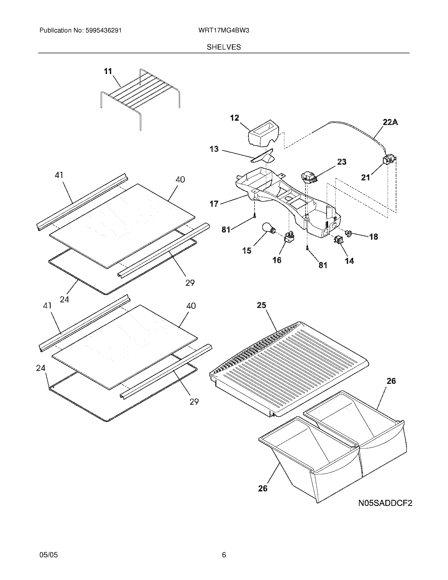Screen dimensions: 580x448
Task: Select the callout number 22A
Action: click(390, 122)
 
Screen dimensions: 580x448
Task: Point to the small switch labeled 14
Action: click(338, 240)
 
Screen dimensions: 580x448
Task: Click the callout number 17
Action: click(214, 204)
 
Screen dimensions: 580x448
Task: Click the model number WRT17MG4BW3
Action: click(223, 31)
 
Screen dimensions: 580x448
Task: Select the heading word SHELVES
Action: click(224, 47)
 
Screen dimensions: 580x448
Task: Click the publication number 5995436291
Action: click(103, 31)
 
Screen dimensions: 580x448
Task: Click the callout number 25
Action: click(261, 305)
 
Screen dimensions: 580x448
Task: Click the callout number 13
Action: click(214, 149)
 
